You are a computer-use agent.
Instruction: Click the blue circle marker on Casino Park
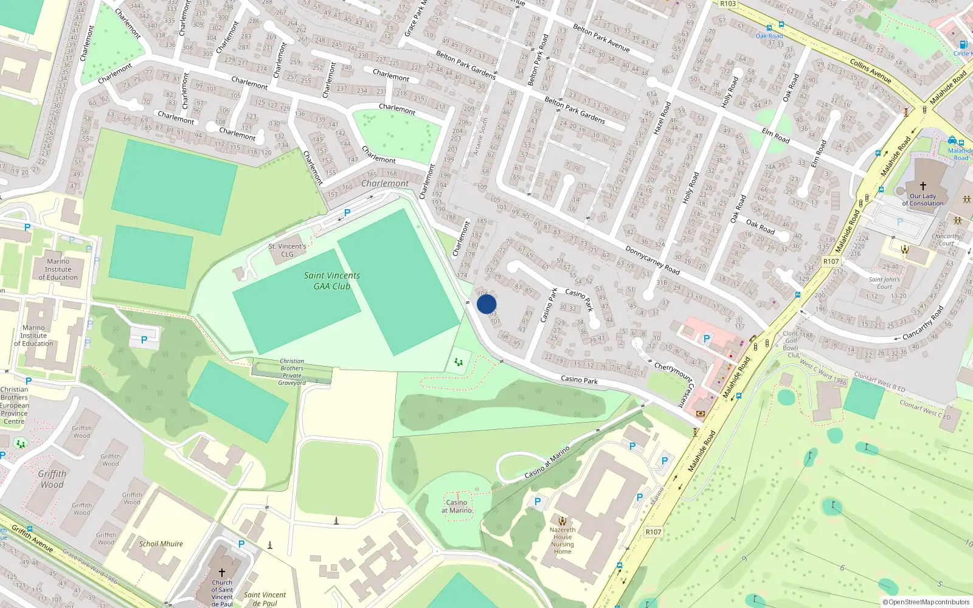486,304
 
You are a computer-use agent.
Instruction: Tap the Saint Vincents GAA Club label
332,280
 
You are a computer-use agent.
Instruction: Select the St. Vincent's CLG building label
287,250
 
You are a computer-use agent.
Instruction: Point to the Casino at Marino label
457,506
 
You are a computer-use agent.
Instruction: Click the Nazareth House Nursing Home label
563,540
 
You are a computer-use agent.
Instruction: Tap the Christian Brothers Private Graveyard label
292,372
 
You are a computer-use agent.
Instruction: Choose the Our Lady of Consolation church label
923,199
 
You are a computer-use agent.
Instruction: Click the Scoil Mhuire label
161,544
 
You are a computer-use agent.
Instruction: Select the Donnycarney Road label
653,260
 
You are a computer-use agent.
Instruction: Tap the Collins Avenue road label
871,71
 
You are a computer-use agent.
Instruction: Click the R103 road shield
728,4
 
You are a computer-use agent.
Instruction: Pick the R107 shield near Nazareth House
653,532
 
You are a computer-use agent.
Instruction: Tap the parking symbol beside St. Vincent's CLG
347,213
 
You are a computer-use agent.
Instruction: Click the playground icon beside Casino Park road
459,362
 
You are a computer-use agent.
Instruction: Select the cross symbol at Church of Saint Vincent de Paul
222,572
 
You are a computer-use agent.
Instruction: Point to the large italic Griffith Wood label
52,479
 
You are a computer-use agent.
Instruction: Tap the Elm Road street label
775,136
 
